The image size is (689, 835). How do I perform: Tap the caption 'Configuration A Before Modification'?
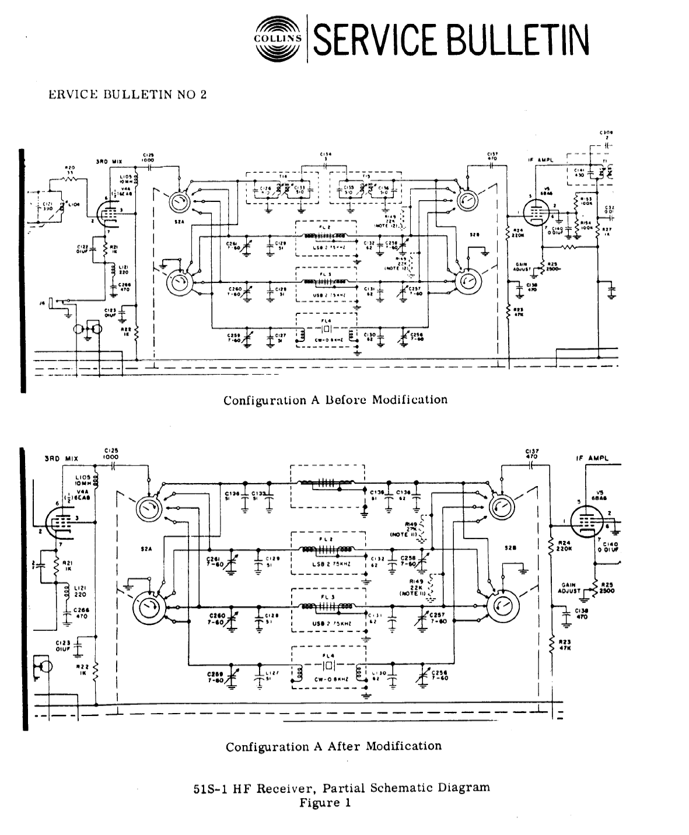(335, 400)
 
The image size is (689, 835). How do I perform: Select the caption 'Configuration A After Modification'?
(334, 746)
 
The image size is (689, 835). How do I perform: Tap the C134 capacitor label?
(324, 156)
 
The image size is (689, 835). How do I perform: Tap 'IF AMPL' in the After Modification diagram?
(593, 459)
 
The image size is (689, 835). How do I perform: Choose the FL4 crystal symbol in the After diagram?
(328, 666)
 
